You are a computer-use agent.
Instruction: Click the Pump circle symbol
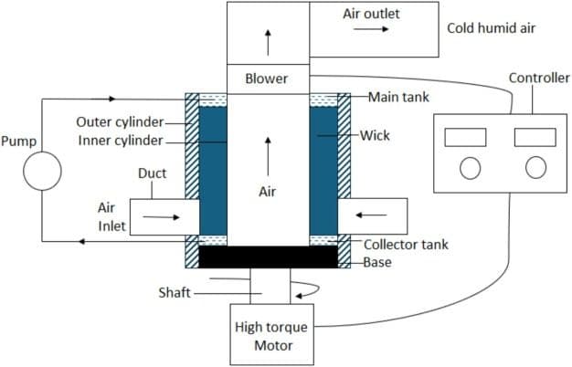coord(42,171)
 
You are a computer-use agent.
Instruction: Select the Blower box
coord(267,79)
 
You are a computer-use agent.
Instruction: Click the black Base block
coord(268,257)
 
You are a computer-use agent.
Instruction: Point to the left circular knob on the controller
coord(470,167)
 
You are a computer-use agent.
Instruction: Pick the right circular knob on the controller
coord(535,167)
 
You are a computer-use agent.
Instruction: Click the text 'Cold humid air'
coord(491,28)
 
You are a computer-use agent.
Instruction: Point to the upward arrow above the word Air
coord(268,146)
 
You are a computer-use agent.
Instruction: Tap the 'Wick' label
coord(375,135)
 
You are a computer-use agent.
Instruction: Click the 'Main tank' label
coord(399,96)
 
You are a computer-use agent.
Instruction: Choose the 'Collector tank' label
coord(406,244)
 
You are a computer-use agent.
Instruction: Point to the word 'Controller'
coord(539,79)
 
